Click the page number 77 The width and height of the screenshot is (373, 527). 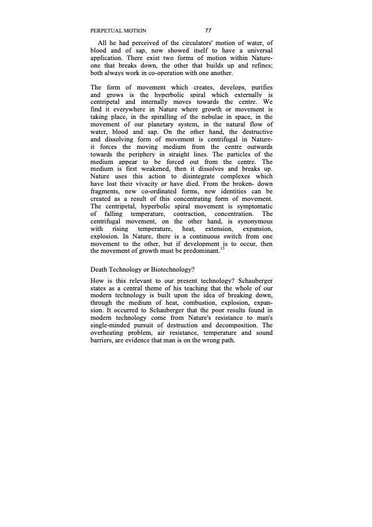tap(208, 30)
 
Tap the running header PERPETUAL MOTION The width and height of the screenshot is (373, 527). tap(118, 30)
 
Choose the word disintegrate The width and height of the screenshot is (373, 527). tap(199, 193)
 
